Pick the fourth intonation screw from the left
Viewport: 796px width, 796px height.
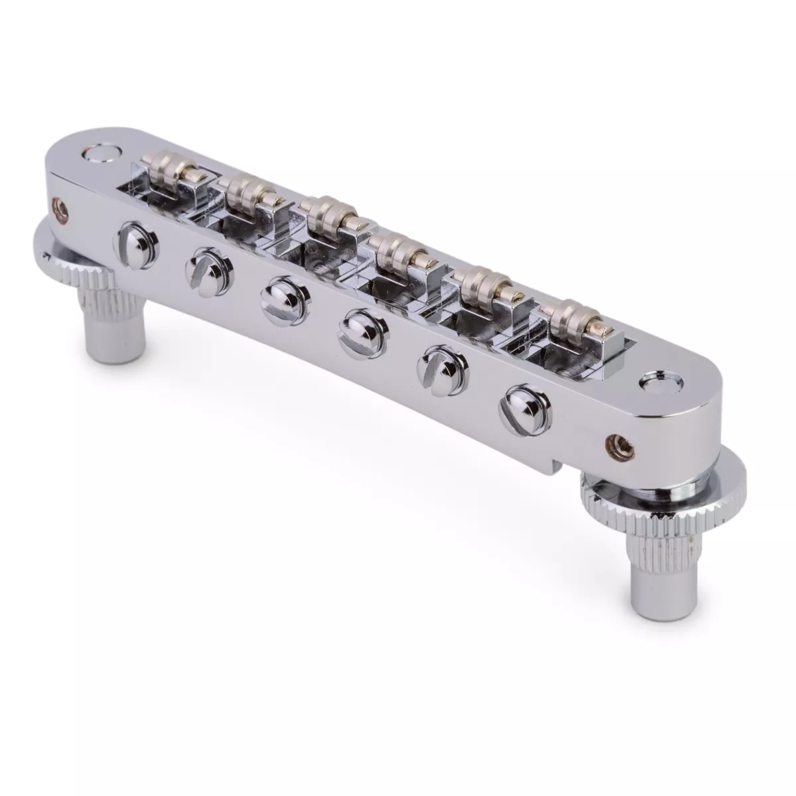354,325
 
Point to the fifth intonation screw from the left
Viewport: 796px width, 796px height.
435,362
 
